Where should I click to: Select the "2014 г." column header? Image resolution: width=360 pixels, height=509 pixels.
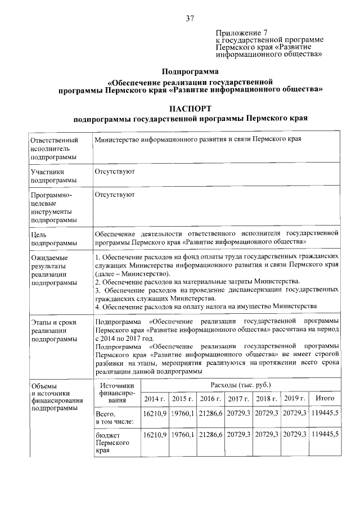(154, 399)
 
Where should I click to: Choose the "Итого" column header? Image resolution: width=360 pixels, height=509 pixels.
(325, 399)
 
